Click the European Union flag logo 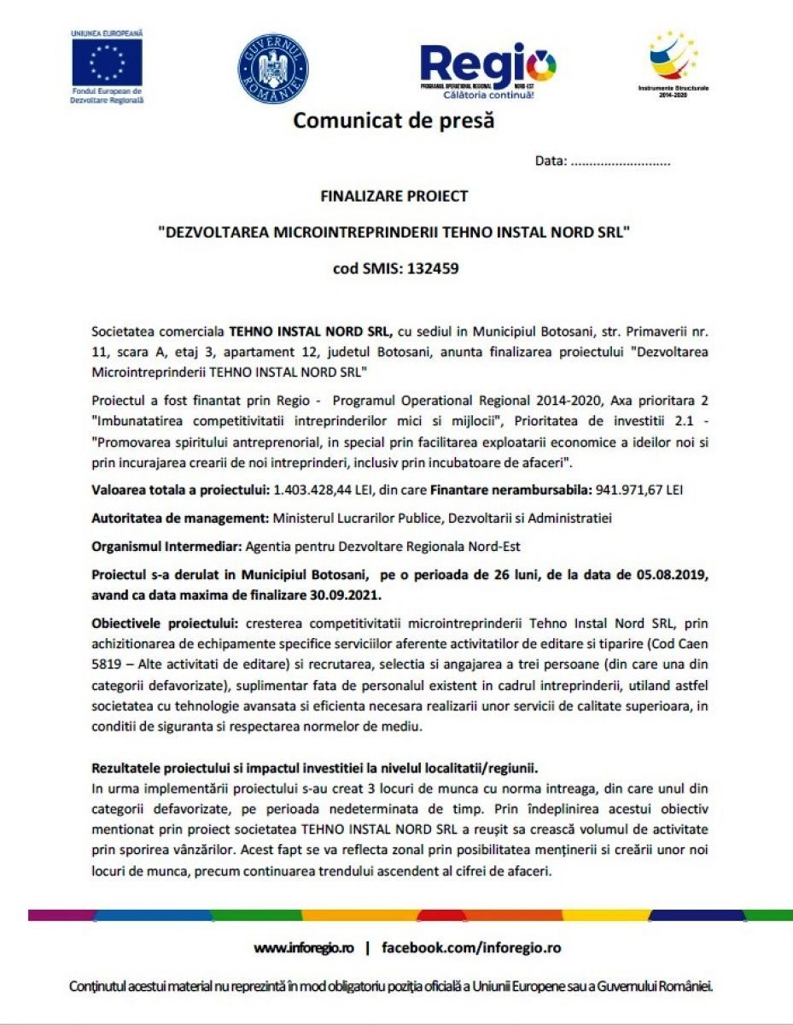(x=108, y=63)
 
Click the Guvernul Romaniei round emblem (x=273, y=69)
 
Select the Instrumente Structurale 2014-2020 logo (x=673, y=60)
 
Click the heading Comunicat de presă (x=394, y=120)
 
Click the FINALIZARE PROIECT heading (x=394, y=196)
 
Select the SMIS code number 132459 (x=433, y=268)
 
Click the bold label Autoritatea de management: (x=179, y=518)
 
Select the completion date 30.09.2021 (x=324, y=593)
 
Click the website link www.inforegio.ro (x=303, y=948)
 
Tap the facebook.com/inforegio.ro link (x=471, y=948)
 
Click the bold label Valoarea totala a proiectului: (x=179, y=489)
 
